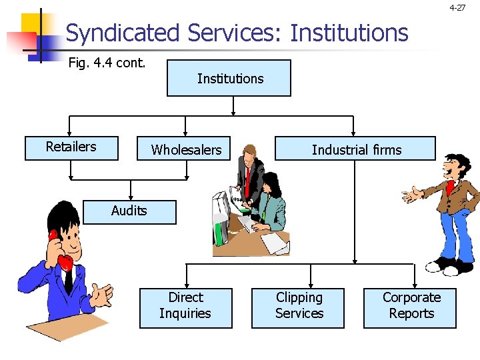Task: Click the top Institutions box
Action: (x=229, y=78)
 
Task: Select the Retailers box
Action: (x=71, y=147)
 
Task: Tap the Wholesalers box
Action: (x=186, y=149)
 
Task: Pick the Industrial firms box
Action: (x=356, y=149)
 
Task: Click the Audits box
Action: (x=129, y=211)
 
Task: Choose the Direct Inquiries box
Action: (x=185, y=307)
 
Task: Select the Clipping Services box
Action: (x=298, y=307)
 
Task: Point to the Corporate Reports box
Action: (x=410, y=307)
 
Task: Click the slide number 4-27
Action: (x=457, y=8)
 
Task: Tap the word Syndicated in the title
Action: (x=123, y=33)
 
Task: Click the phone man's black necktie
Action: (x=68, y=280)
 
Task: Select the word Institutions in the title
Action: (x=349, y=33)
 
